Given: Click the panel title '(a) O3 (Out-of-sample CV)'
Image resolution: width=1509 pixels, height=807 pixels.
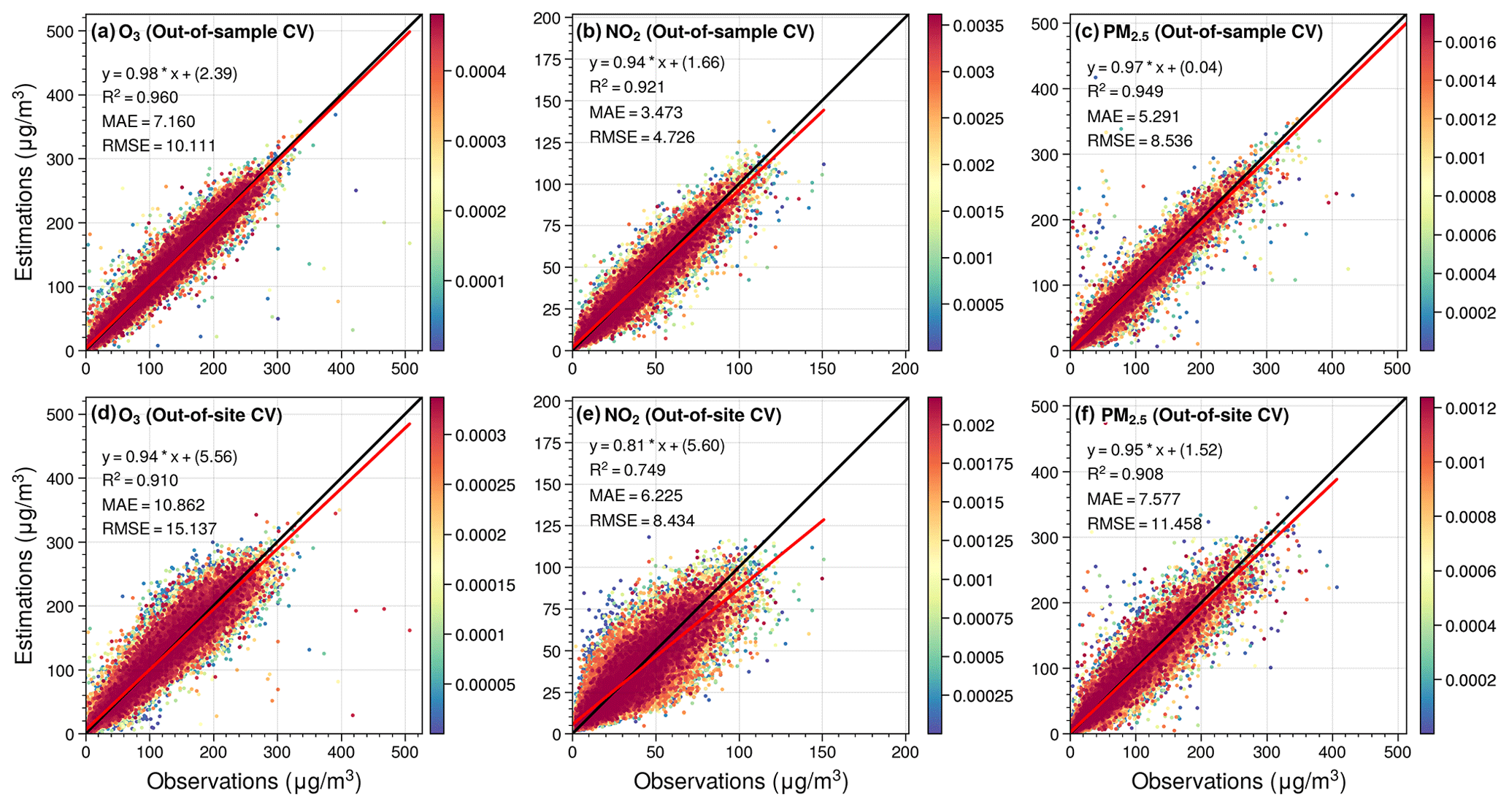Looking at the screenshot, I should pyautogui.click(x=202, y=32).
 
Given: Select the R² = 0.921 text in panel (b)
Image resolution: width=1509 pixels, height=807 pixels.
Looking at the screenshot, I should pyautogui.click(x=627, y=88).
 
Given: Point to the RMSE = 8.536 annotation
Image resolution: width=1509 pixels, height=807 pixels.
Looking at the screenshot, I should pyautogui.click(x=1140, y=141).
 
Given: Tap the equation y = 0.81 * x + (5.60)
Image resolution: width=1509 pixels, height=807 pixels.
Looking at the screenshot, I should pyautogui.click(x=657, y=445).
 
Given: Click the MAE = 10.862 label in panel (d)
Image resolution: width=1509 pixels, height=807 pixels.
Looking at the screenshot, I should pyautogui.click(x=153, y=505).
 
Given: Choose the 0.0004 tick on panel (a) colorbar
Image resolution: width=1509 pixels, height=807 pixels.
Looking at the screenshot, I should pyautogui.click(x=480, y=72).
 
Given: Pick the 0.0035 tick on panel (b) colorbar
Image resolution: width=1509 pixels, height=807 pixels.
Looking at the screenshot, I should pyautogui.click(x=978, y=26).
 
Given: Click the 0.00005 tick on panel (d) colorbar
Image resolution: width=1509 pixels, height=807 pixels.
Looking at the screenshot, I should pyautogui.click(x=485, y=685).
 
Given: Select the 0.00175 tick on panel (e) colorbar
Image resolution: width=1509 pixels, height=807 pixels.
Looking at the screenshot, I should pyautogui.click(x=983, y=464).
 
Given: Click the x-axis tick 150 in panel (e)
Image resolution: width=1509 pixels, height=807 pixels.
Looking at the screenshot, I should pyautogui.click(x=823, y=751).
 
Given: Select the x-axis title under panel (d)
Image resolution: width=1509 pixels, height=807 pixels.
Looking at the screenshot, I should pyautogui.click(x=254, y=781).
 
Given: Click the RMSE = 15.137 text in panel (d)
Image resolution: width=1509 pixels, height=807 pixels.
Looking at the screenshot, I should pyautogui.click(x=159, y=528).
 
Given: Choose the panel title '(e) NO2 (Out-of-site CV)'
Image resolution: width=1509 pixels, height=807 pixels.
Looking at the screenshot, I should pyautogui.click(x=678, y=416).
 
